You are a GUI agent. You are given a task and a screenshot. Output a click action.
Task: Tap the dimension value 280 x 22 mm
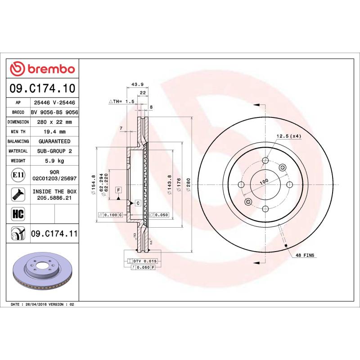(54, 122)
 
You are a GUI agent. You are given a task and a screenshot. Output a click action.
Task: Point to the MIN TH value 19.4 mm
(54, 132)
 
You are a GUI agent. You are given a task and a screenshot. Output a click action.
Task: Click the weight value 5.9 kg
(54, 161)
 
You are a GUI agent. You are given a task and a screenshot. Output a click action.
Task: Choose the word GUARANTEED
(54, 141)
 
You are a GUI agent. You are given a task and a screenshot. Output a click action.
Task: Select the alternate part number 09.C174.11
(54, 234)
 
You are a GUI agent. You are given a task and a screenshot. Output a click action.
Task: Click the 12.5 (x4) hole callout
(288, 136)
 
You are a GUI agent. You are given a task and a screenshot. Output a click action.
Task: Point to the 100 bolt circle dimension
(264, 181)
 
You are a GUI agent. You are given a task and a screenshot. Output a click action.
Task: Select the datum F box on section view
(118, 189)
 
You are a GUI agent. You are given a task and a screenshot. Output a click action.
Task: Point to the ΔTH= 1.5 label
(121, 102)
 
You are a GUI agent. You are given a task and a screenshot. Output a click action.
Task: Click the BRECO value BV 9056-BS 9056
(54, 112)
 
